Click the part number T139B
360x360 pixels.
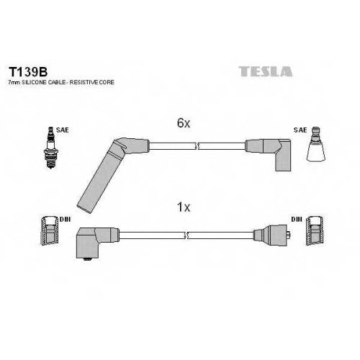click(28, 71)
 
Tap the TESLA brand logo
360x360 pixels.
click(266, 71)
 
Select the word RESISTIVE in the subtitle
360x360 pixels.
click(84, 82)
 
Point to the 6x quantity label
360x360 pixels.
click(184, 123)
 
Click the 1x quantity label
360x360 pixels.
click(184, 207)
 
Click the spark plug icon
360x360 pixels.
click(50, 148)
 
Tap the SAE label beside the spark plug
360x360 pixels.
click(63, 130)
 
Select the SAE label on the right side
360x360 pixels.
click(300, 130)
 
